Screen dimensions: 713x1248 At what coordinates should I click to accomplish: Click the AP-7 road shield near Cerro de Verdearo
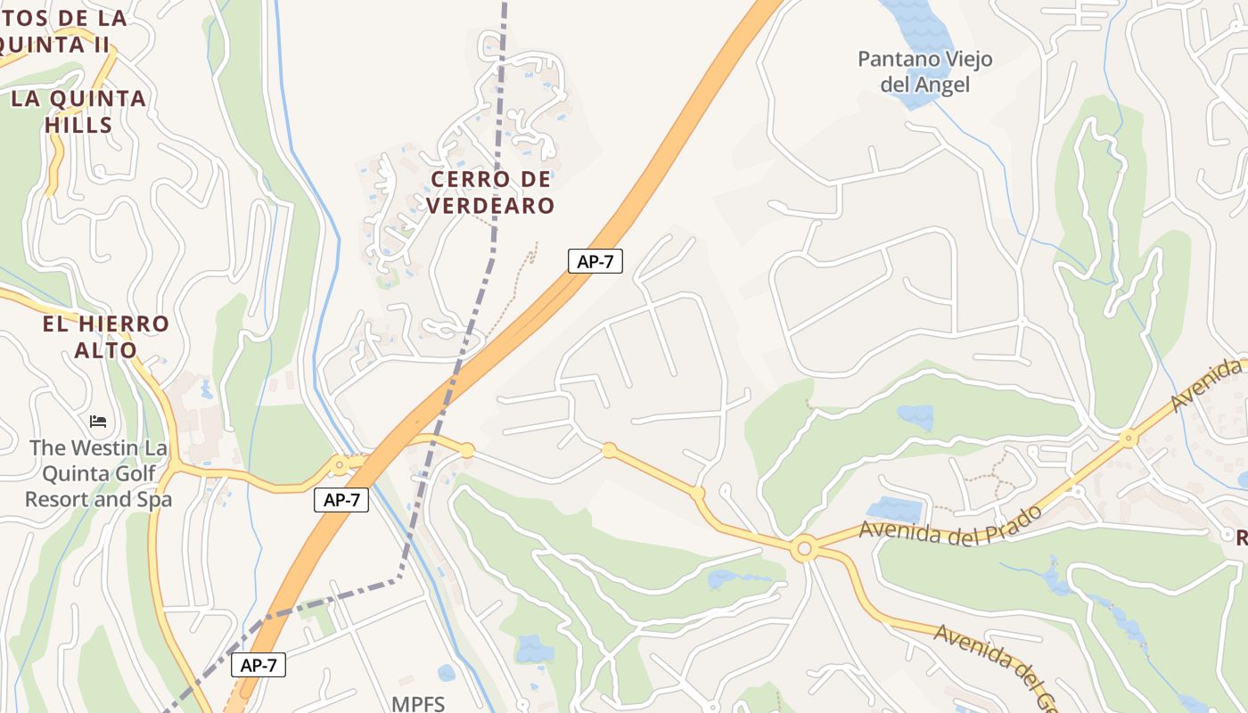(x=595, y=261)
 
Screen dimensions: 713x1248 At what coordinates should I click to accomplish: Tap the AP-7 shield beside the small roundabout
(x=341, y=500)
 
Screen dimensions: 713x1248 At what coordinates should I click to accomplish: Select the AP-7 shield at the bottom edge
(x=259, y=665)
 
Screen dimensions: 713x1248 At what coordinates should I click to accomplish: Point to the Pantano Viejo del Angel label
(x=924, y=72)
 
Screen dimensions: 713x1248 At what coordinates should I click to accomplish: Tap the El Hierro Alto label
(x=105, y=337)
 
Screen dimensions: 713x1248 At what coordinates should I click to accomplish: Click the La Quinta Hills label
(x=78, y=111)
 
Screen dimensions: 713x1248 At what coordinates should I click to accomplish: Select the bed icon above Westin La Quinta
(x=98, y=420)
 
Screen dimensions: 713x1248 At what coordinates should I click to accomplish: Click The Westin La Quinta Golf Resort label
(x=98, y=473)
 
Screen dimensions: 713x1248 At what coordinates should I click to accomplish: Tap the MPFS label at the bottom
(x=417, y=703)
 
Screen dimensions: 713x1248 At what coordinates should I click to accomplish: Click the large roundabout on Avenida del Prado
(x=804, y=549)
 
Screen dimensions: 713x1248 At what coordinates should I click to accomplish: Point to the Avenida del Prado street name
(x=950, y=526)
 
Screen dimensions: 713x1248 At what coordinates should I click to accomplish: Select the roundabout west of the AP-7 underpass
(x=339, y=464)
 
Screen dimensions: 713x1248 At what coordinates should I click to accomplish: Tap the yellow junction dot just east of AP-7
(x=466, y=450)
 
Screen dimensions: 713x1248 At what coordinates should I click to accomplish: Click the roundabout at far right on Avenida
(x=1129, y=438)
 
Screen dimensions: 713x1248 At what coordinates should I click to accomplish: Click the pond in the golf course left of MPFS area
(x=535, y=648)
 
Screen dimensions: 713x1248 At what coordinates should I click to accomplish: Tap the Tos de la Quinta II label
(x=62, y=29)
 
